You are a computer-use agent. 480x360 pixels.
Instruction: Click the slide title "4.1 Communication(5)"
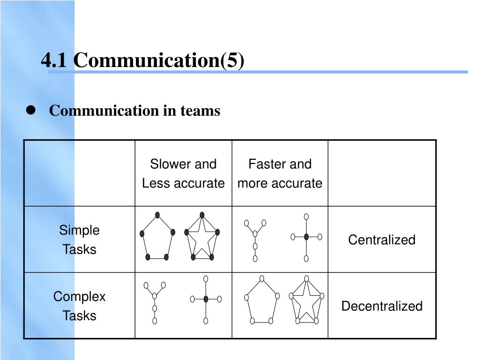coord(142,60)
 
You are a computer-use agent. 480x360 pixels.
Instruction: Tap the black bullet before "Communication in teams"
coord(31,111)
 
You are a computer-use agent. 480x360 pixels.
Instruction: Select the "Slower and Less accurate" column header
coord(183,173)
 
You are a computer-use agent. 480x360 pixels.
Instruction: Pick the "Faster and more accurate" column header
coord(280,173)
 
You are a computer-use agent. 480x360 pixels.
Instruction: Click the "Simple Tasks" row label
coord(79,240)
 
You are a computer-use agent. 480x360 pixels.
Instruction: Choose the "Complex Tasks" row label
coord(79,306)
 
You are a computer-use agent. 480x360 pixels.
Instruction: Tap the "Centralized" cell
coord(382,240)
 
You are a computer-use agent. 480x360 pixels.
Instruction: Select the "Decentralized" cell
coord(382,306)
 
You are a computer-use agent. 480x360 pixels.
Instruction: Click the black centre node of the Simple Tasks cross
coord(306,237)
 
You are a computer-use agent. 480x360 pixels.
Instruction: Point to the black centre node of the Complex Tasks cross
coord(206,299)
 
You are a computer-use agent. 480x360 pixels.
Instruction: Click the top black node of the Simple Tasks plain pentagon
coord(157,215)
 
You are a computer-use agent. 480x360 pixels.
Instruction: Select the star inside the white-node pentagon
coord(306,302)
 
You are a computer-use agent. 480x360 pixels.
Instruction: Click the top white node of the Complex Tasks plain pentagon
coord(262,278)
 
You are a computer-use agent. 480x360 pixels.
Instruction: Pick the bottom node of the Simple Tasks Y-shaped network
coord(255,258)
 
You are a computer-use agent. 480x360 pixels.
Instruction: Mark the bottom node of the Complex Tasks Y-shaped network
coord(155,321)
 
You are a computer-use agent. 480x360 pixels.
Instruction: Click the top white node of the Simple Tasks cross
coord(306,217)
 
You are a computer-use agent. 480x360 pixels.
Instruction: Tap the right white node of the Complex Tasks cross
coord(219,299)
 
